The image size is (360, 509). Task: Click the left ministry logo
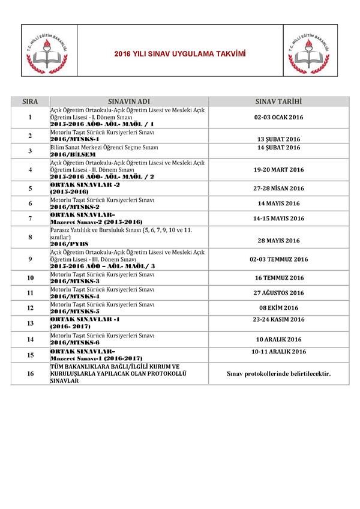click(49, 50)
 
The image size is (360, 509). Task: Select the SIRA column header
click(30, 101)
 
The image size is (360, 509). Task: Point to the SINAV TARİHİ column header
click(278, 101)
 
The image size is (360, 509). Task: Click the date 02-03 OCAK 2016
click(278, 118)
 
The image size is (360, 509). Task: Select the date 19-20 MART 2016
click(278, 170)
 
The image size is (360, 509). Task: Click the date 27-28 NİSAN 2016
click(278, 188)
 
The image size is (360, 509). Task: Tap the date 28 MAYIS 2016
click(278, 241)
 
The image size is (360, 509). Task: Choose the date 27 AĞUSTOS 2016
click(278, 293)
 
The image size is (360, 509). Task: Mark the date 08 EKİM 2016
click(278, 307)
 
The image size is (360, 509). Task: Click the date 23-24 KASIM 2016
click(278, 319)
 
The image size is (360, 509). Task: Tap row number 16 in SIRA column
click(30, 374)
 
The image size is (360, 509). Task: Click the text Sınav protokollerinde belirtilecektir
click(278, 374)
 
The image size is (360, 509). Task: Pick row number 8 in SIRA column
click(30, 237)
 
